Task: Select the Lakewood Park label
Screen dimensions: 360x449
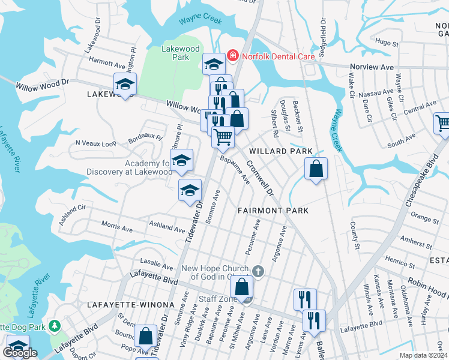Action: click(x=181, y=53)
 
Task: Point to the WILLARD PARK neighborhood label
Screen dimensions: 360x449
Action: click(x=278, y=151)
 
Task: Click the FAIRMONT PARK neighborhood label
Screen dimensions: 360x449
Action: click(x=273, y=211)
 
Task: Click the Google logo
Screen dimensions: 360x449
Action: click(x=20, y=353)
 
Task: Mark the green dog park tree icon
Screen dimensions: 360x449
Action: click(x=55, y=326)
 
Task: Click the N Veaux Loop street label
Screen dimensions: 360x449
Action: click(x=95, y=144)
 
